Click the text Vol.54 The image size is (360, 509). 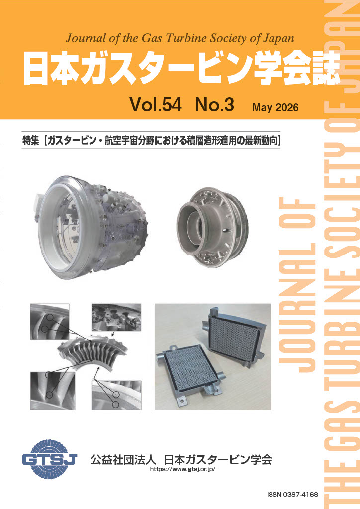pyautogui.click(x=156, y=104)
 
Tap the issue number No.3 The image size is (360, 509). pyautogui.click(x=215, y=104)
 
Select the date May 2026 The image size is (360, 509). pyautogui.click(x=275, y=108)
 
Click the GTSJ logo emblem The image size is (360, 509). pyautogui.click(x=49, y=459)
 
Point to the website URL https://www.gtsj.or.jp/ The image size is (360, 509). pyautogui.click(x=183, y=469)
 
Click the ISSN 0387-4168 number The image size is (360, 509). pyautogui.click(x=292, y=495)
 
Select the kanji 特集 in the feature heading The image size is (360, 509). pyautogui.click(x=31, y=141)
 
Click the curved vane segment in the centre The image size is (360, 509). pyautogui.click(x=93, y=352)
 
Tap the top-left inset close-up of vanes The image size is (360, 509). pyautogui.click(x=50, y=322)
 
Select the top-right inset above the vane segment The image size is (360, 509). pyautogui.click(x=116, y=317)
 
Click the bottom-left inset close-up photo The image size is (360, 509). pyautogui.click(x=53, y=391)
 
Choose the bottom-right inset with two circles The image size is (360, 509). pyautogui.click(x=116, y=395)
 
